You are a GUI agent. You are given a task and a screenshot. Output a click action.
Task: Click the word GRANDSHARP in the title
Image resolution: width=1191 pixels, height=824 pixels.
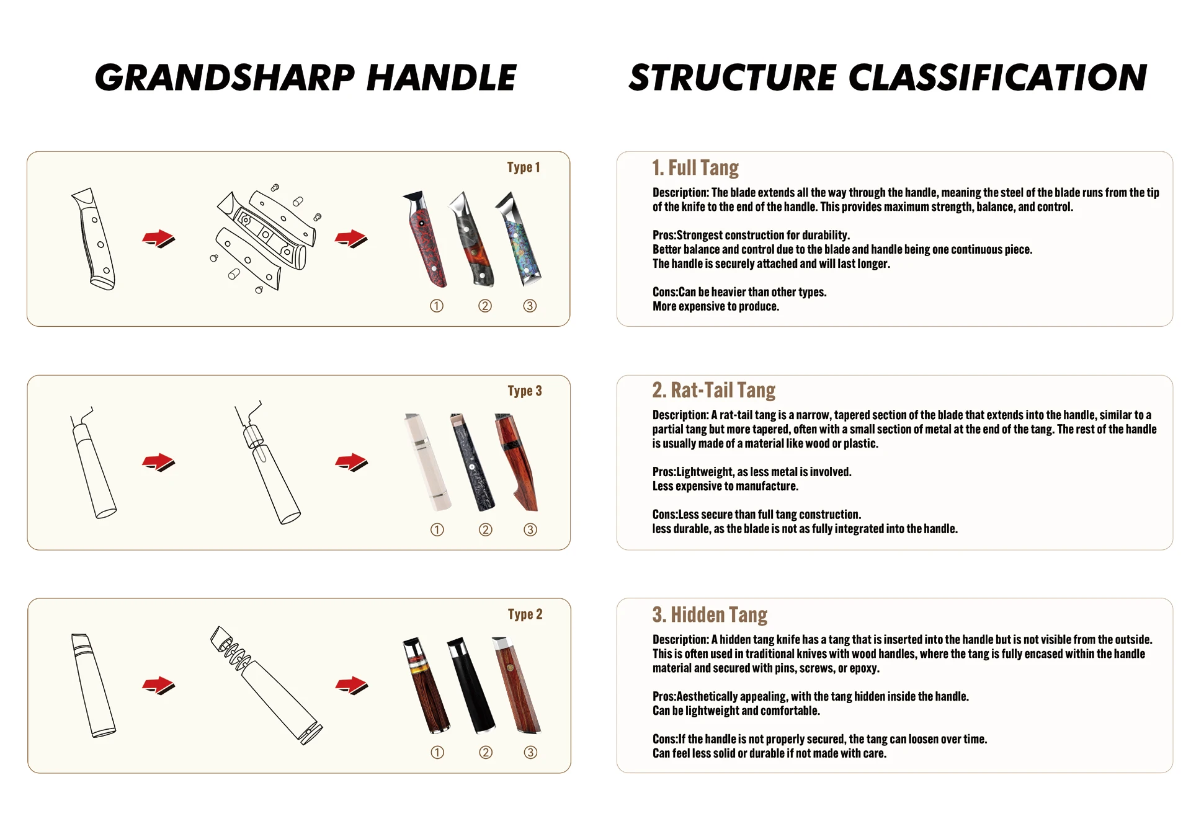tap(225, 78)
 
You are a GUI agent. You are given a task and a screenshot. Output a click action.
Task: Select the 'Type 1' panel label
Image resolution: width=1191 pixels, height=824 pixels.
tap(524, 167)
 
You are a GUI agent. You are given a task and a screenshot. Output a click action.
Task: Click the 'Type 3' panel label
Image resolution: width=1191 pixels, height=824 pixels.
tap(525, 391)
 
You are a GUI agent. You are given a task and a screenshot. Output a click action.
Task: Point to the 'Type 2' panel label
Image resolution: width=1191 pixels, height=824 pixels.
tap(525, 614)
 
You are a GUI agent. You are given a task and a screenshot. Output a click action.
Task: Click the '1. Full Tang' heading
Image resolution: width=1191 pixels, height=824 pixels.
tap(695, 167)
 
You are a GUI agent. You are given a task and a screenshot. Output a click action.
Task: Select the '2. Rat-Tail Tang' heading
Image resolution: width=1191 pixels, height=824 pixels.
tap(713, 390)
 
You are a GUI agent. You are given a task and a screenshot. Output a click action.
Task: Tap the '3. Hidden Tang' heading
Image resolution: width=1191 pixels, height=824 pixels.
tap(710, 614)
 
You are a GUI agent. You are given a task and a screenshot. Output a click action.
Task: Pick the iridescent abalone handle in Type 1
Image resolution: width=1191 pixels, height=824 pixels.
tap(519, 239)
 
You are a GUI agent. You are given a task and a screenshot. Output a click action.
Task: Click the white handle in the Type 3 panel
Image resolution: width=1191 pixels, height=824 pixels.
tap(427, 462)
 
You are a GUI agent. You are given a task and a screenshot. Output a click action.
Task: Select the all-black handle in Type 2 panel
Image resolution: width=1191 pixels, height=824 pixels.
tap(472, 685)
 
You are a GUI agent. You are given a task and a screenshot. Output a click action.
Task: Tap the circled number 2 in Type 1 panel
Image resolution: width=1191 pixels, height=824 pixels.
tap(485, 306)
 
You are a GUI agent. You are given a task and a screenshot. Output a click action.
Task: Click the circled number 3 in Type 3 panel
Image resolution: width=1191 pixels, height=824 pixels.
tap(530, 529)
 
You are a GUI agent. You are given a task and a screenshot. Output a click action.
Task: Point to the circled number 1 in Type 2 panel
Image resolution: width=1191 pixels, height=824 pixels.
tap(437, 753)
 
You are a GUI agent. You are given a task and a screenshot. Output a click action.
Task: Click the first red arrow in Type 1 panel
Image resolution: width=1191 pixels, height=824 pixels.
tap(159, 239)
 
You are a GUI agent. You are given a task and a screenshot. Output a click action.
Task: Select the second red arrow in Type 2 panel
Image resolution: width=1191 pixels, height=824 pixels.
tap(352, 686)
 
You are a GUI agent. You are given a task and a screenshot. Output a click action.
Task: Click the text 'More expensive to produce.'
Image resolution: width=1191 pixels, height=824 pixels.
tap(716, 306)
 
